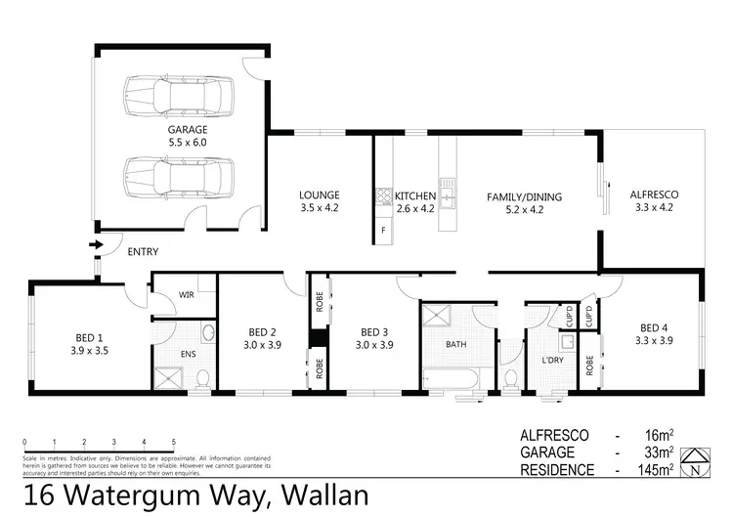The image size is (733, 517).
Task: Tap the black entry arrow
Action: (95, 245)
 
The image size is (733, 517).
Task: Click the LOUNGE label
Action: (319, 195)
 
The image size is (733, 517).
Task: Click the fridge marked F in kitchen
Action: (383, 231)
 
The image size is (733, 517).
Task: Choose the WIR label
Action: (186, 294)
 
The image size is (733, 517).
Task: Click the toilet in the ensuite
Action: (202, 377)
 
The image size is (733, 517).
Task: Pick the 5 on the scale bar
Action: (174, 443)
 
